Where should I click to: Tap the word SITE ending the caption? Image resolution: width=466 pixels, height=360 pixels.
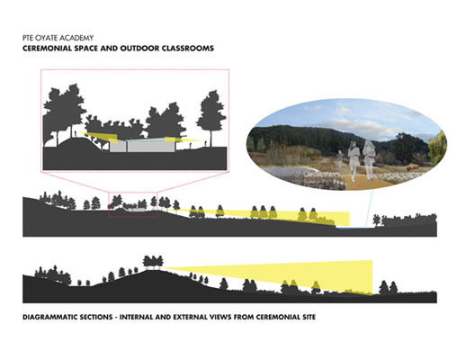coord(307,317)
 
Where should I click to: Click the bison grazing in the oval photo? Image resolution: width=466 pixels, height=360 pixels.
coord(412,168)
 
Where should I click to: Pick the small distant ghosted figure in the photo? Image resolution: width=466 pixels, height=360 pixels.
coord(340,159)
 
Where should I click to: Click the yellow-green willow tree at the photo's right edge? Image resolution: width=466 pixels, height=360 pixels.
coord(437,148)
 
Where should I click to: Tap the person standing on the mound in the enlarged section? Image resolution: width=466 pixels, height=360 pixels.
coord(76,134)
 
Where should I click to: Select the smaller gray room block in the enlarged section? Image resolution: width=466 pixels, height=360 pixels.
coord(118,147)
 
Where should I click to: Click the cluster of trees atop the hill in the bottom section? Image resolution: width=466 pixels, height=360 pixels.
coord(153,261)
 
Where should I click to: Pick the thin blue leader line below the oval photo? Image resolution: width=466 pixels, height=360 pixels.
coord(368,208)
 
